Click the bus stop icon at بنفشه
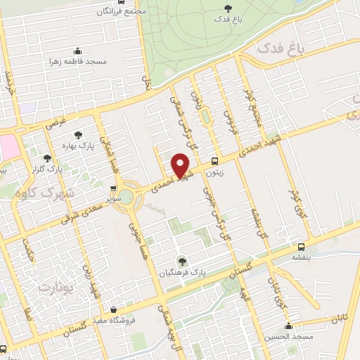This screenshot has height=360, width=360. pyautogui.click(x=301, y=247)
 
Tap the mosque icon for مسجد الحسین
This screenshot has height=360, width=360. pyautogui.click(x=288, y=326)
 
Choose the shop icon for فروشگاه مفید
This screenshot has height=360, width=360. pyautogui.click(x=114, y=309)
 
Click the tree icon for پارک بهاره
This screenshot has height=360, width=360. pyautogui.click(x=78, y=134)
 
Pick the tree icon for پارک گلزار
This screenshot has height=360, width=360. pyautogui.click(x=48, y=158)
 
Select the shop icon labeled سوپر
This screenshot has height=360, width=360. pyautogui.click(x=114, y=188)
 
